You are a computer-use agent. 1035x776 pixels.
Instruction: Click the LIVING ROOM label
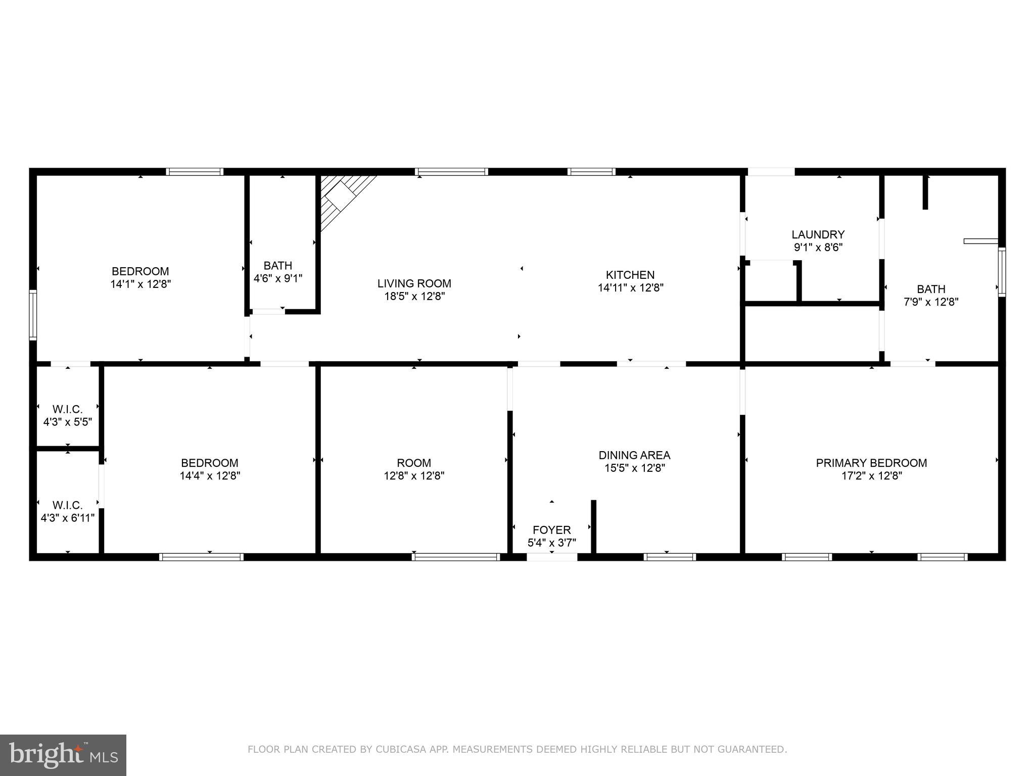[x=414, y=283]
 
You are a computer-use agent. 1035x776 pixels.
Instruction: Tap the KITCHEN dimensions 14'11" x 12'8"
[x=630, y=288]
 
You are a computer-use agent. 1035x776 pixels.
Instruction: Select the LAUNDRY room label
[x=818, y=234]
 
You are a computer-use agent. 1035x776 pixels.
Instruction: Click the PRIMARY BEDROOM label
[x=871, y=463]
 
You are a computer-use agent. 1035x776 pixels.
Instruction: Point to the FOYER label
[x=551, y=530]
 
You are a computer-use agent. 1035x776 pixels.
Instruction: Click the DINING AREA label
[x=634, y=455]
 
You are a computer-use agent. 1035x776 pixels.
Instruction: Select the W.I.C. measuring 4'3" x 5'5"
[x=68, y=415]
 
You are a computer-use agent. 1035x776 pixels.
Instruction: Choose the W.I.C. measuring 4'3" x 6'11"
[x=68, y=511]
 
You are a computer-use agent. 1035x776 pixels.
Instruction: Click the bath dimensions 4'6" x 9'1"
[x=278, y=278]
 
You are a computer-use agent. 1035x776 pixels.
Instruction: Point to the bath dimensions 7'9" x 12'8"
[x=931, y=302]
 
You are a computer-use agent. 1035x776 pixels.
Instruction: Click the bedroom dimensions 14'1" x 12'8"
[x=140, y=284]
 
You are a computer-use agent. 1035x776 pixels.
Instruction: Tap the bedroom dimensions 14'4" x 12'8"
[x=210, y=475]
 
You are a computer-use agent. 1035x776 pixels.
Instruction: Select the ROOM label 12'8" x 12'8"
[x=414, y=463]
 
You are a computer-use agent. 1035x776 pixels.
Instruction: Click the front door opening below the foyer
[x=552, y=557]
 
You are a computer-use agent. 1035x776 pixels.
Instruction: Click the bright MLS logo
[x=63, y=755]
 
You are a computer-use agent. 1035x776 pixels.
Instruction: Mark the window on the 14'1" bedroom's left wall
[x=33, y=315]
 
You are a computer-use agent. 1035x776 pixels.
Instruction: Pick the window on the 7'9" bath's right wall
[x=1002, y=272]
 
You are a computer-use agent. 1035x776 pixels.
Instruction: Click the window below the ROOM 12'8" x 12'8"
[x=456, y=557]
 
